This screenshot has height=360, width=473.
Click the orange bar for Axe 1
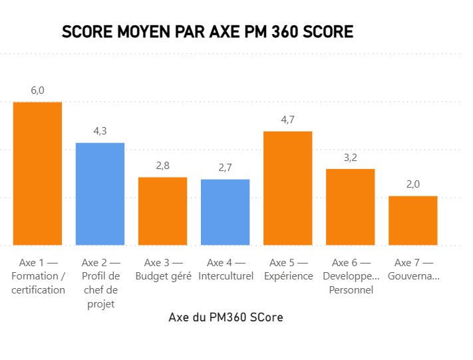coord(38,173)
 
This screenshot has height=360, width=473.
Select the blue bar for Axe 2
coord(100,194)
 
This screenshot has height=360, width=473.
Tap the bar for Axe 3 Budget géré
coord(162,211)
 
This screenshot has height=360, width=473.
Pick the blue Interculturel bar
coord(226,212)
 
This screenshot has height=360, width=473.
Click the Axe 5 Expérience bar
coord(288,188)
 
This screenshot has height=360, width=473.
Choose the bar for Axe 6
coord(351,207)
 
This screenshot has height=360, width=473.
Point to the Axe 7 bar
coord(413,220)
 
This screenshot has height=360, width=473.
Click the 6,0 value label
coord(38,90)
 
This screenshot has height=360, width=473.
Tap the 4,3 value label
coord(100,131)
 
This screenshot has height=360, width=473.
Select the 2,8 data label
coord(162,166)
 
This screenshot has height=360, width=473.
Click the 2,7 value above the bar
coord(226,168)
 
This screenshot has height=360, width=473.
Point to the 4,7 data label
coord(288,120)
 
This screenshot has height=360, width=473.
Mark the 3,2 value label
coord(351,158)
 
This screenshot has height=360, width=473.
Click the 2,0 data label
coord(413,184)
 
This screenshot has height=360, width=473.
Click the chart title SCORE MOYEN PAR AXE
coord(207,32)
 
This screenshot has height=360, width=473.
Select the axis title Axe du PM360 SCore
coord(226,317)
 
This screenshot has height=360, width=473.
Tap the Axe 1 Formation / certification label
coord(38,276)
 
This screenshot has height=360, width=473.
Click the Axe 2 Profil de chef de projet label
coord(100,283)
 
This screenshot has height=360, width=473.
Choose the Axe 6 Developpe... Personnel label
coord(351,276)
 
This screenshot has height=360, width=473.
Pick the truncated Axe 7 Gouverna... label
coord(413,270)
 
